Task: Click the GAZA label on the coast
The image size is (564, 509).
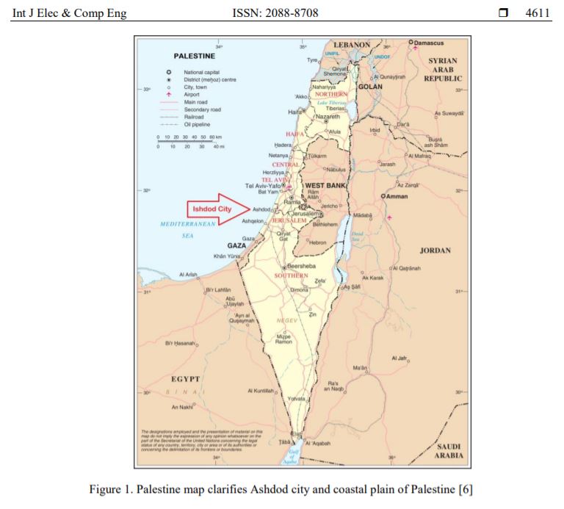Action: (x=236, y=245)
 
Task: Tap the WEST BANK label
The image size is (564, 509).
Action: (x=325, y=186)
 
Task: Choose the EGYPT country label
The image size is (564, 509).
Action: (x=185, y=378)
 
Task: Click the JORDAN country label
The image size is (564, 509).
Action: (x=435, y=250)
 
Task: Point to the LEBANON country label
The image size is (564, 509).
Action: (x=352, y=45)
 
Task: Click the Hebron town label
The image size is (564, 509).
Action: (x=317, y=242)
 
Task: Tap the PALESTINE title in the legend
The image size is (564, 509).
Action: (x=194, y=56)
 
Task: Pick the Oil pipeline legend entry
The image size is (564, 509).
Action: (x=198, y=124)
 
